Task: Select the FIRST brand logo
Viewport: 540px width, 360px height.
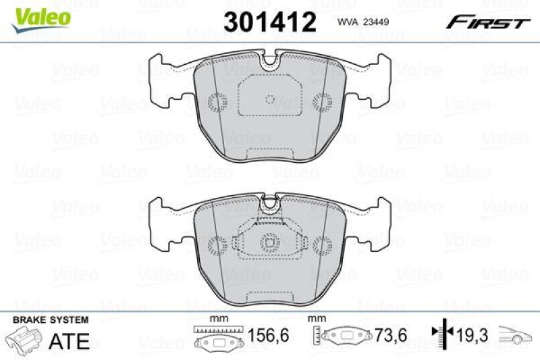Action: coord(487,22)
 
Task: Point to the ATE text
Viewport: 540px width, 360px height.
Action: coord(70,341)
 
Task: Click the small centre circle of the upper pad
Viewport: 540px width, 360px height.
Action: coord(269,100)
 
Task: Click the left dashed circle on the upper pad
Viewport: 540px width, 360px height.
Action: coord(217,102)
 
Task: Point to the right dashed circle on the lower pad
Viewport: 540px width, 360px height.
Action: coord(323,245)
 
